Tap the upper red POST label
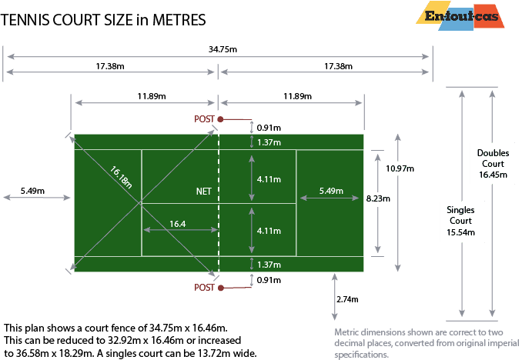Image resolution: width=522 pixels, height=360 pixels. (204, 119)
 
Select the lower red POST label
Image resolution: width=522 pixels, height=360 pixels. (204, 288)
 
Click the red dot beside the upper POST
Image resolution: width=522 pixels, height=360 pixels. (220, 119)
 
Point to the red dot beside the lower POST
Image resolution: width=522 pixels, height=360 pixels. (220, 288)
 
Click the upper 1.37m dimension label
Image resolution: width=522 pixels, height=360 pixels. (269, 142)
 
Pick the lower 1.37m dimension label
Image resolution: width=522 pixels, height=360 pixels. (269, 265)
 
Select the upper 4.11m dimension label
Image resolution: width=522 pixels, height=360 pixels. (269, 178)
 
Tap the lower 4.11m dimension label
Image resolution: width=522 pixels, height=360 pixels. (269, 229)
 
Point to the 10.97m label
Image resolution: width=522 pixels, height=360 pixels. (400, 168)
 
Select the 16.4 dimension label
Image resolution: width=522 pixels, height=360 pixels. (178, 224)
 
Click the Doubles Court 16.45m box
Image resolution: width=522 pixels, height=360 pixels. (491, 164)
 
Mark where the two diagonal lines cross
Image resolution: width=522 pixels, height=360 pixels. (142, 204)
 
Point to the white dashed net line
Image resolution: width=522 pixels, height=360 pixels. (219, 231)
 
